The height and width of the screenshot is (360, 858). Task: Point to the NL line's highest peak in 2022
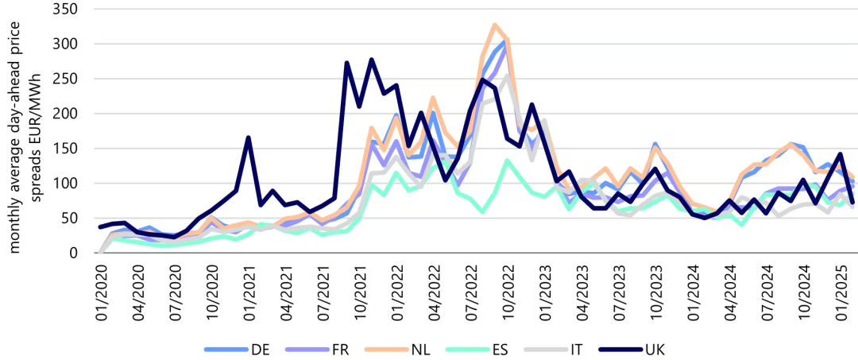pos(494,25)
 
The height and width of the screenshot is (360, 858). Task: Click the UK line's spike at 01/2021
pos(248,137)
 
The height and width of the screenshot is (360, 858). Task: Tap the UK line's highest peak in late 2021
pos(371,60)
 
